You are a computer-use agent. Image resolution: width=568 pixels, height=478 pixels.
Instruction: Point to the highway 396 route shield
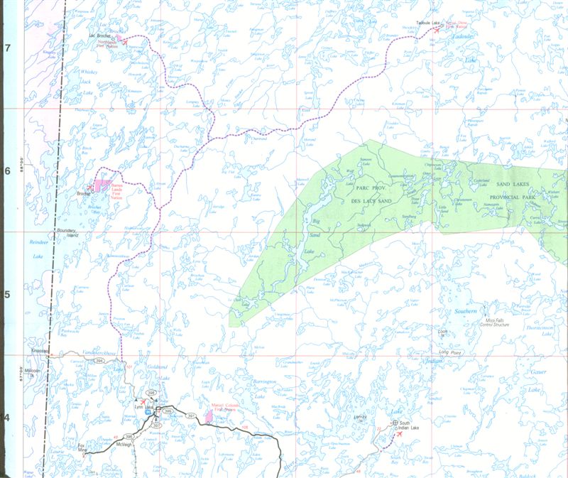tap(129, 436)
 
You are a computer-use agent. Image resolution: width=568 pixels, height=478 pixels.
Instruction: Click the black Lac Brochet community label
tap(101, 34)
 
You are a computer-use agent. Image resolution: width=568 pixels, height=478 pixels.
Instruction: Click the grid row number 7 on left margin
tap(9, 48)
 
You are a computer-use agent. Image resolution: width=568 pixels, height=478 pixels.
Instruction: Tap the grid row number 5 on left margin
tap(9, 294)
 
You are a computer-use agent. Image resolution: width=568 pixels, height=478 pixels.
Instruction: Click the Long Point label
tap(450, 352)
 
